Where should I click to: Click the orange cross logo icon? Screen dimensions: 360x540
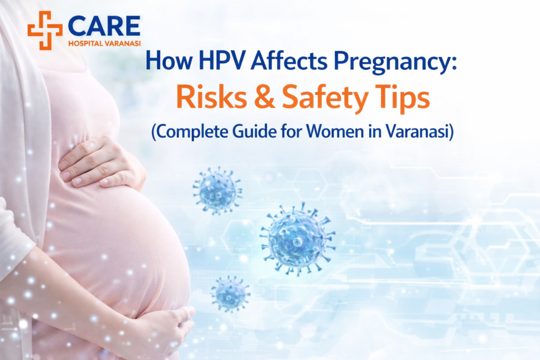45,30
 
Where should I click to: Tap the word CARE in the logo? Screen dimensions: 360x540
104,26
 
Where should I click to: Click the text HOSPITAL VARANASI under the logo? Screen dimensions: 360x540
104,43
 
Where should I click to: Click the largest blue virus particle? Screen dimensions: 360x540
297,238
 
